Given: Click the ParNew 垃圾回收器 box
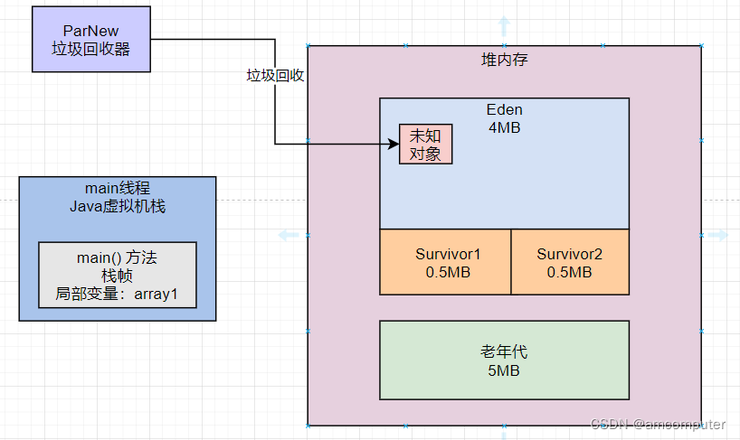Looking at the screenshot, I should pyautogui.click(x=90, y=40).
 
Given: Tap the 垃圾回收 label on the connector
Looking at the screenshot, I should pyautogui.click(x=275, y=76).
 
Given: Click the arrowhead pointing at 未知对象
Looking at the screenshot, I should pyautogui.click(x=394, y=143).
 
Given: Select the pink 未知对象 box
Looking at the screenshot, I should pyautogui.click(x=425, y=145).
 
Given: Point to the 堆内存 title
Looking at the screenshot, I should pyautogui.click(x=504, y=61).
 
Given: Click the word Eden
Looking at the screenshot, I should pyautogui.click(x=504, y=110).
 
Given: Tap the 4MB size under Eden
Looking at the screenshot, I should pyautogui.click(x=504, y=127).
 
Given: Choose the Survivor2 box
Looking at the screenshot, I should pyautogui.click(x=569, y=262).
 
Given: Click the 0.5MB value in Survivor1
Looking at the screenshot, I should pyautogui.click(x=447, y=272).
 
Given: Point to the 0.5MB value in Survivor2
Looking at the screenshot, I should pyautogui.click(x=569, y=272).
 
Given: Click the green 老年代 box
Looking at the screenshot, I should pyautogui.click(x=504, y=360).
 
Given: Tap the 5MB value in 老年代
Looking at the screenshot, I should pyautogui.click(x=504, y=370).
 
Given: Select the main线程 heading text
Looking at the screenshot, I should pyautogui.click(x=118, y=188).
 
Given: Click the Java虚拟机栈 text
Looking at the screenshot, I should pyautogui.click(x=118, y=206).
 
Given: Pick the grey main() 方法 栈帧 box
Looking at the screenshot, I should pyautogui.click(x=117, y=275).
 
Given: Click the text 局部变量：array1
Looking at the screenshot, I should pyautogui.click(x=117, y=294).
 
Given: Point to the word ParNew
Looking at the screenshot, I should pyautogui.click(x=90, y=31).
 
